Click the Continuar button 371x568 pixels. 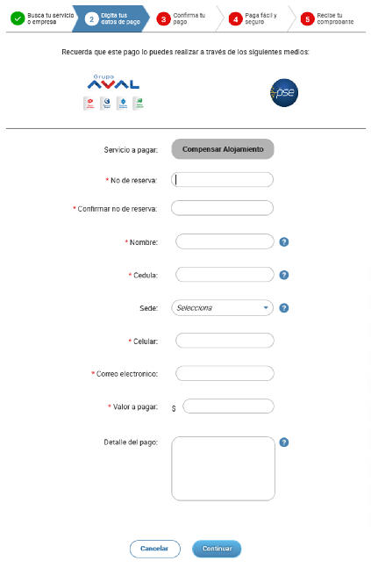[216, 549]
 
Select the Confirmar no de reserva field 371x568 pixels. [223, 209]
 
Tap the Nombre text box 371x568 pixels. [225, 241]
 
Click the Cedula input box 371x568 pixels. [225, 275]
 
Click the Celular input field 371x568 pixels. [225, 341]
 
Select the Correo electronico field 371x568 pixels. [225, 374]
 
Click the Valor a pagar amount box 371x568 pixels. [229, 406]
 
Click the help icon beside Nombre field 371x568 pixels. [284, 242]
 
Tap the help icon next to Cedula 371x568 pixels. [284, 275]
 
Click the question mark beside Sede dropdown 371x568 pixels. [284, 308]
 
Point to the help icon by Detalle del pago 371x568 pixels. [284, 442]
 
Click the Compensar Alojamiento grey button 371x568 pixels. [223, 149]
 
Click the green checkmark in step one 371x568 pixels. [17, 18]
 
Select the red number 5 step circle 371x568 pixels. [307, 18]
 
